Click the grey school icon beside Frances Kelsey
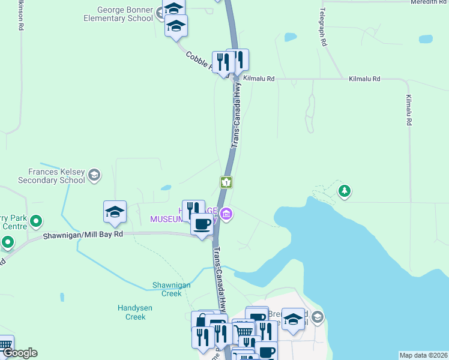(94, 175)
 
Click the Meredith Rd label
(429, 2)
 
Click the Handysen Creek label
(135, 312)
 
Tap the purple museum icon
(226, 214)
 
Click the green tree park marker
(344, 191)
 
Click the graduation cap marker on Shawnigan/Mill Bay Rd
(115, 212)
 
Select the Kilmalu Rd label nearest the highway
(260, 79)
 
